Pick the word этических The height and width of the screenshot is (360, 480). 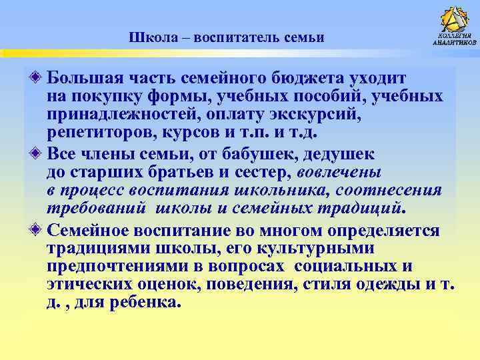click(89, 285)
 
